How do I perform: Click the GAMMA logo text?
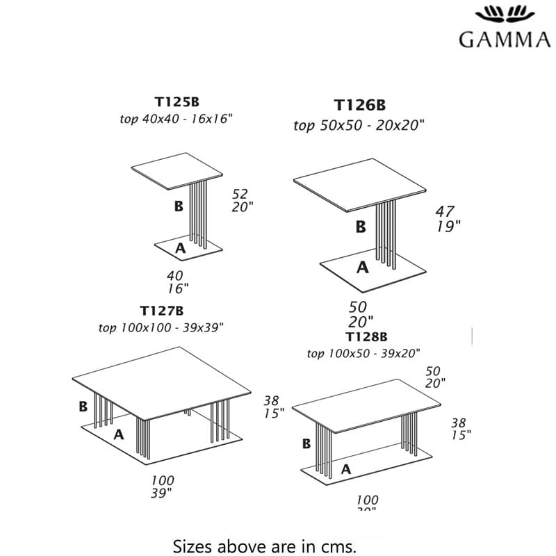(505, 39)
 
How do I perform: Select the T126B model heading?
(359, 105)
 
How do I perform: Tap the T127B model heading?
(161, 311)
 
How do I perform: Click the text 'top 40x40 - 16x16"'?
(176, 119)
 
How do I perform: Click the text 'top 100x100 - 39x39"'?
(161, 327)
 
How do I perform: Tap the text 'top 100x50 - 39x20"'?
(363, 353)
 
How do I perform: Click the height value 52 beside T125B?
(240, 194)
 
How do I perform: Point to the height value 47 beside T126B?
(445, 211)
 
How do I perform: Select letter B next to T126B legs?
(360, 227)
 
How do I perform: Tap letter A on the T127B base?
(119, 434)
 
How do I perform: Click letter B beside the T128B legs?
(306, 443)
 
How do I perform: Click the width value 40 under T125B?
(175, 276)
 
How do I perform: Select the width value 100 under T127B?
(163, 480)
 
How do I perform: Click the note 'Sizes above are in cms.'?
(264, 545)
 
